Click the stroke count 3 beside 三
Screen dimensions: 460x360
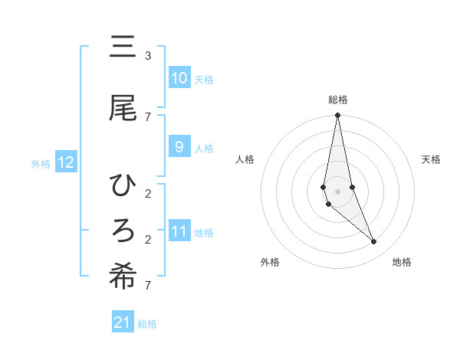click(x=148, y=56)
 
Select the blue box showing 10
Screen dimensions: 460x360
click(x=179, y=78)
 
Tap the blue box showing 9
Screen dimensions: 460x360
click(x=179, y=147)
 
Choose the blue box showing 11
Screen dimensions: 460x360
click(x=179, y=231)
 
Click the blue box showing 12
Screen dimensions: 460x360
click(x=65, y=162)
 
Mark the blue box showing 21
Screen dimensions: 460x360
click(x=123, y=323)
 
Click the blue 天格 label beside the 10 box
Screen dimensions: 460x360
click(x=203, y=80)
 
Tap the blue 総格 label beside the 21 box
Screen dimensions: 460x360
click(x=147, y=325)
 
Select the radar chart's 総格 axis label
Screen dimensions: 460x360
click(x=337, y=100)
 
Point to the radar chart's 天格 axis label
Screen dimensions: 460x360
click(x=431, y=159)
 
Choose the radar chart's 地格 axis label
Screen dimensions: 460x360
click(x=402, y=262)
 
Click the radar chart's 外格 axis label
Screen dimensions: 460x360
click(x=270, y=262)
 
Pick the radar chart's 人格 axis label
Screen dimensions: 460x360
click(x=245, y=159)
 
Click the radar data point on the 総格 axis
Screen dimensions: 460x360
click(x=337, y=116)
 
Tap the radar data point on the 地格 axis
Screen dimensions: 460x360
click(x=374, y=242)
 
